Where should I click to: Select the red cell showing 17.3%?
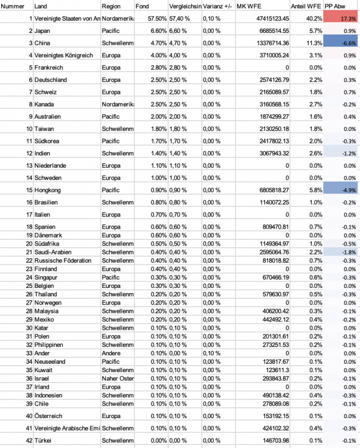(x=341, y=19)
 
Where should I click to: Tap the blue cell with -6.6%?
(x=341, y=43)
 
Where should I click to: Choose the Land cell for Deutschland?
(x=51, y=79)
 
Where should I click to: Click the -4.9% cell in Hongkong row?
(x=341, y=190)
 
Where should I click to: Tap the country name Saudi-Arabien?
(x=54, y=252)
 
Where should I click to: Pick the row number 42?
(x=28, y=440)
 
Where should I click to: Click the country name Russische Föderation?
(x=63, y=260)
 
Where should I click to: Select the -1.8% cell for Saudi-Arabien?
(x=341, y=252)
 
